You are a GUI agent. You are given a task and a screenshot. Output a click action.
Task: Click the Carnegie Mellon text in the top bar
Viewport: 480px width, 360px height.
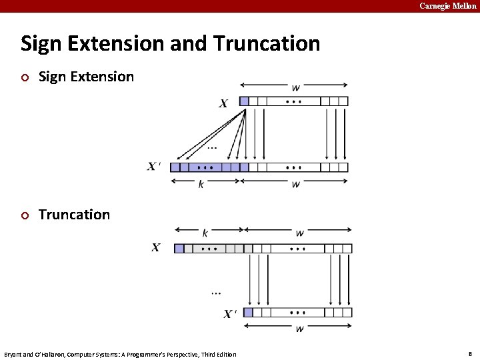448,6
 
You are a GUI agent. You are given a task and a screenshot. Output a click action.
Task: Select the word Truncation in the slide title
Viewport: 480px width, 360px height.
267,44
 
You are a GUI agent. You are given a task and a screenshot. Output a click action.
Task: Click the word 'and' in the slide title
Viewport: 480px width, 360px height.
189,44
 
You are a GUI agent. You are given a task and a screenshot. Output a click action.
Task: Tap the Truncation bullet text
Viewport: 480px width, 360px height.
74,215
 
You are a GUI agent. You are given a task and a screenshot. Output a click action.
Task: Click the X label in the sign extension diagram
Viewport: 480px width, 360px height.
223,103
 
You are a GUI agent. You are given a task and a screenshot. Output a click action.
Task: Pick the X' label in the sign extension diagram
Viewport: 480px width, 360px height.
154,167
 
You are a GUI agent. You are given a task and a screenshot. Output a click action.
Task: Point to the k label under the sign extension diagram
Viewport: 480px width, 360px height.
201,184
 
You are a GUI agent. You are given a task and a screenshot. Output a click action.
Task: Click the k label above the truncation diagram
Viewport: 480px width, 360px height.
205,233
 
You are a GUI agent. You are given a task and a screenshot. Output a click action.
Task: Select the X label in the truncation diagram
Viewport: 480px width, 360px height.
156,248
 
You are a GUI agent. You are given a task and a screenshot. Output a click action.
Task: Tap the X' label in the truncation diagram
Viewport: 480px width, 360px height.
230,313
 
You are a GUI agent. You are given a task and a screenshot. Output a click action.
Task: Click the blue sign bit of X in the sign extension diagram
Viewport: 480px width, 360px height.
244,101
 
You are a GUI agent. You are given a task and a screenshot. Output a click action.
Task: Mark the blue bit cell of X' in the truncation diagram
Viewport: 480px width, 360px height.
248,312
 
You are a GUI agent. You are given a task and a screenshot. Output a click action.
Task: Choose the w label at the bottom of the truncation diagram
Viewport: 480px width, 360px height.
299,328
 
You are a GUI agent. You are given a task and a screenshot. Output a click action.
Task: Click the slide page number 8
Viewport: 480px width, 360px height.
470,353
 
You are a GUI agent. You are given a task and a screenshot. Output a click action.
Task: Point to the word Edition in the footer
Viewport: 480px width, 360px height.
225,354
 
